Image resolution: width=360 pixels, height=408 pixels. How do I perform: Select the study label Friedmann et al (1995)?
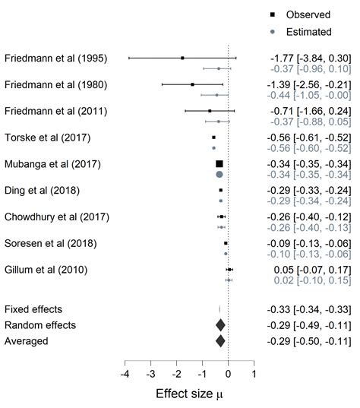pyautogui.click(x=56, y=59)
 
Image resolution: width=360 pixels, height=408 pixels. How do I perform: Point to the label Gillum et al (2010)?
pyautogui.click(x=47, y=269)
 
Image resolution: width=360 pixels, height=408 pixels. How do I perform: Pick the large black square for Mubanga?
pyautogui.click(x=219, y=164)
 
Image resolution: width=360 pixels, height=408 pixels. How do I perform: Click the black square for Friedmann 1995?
pyautogui.click(x=182, y=59)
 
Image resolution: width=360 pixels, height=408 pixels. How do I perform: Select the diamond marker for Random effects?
pyautogui.click(x=220, y=325)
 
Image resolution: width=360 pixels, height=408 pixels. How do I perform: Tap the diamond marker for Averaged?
pyautogui.click(x=220, y=341)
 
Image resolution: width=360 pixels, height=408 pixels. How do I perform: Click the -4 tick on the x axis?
pyautogui.click(x=125, y=375)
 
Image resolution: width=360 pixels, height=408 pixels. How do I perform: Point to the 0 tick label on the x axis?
pyautogui.click(x=229, y=375)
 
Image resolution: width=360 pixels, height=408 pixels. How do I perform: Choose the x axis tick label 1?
pyautogui.click(x=254, y=375)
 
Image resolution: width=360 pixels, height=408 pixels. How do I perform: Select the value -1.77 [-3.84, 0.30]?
pyautogui.click(x=310, y=59)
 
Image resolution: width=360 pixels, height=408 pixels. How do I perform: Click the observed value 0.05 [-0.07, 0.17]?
pyautogui.click(x=311, y=269)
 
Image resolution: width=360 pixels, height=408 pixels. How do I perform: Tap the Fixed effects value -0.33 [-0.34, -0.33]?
pyautogui.click(x=310, y=309)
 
